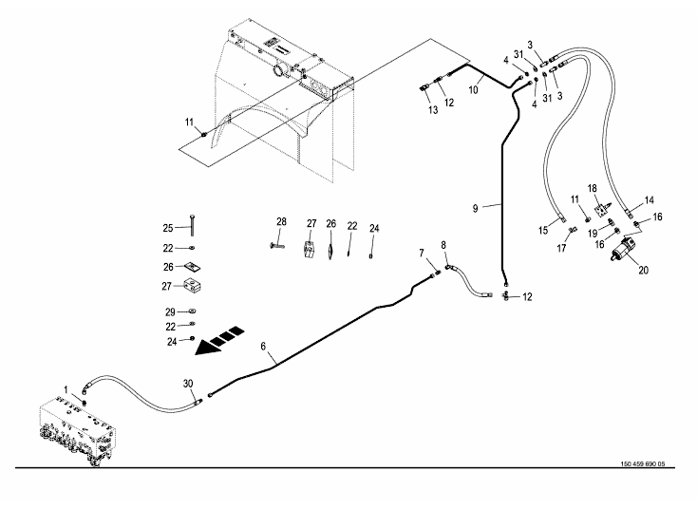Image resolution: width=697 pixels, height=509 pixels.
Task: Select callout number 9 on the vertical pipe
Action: click(x=482, y=205)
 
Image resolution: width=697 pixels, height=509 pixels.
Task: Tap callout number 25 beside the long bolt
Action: click(x=167, y=229)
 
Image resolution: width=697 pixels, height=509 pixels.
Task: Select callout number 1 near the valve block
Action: click(x=66, y=389)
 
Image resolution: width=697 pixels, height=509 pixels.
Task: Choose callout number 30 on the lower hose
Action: click(x=188, y=383)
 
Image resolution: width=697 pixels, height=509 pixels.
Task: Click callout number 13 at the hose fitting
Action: click(x=432, y=111)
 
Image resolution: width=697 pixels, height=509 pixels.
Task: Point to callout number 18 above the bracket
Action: click(x=591, y=189)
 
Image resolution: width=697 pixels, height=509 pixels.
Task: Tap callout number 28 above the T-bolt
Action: click(x=281, y=222)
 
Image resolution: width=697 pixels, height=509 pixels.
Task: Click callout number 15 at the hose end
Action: click(x=544, y=231)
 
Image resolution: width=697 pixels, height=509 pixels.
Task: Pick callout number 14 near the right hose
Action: click(x=650, y=200)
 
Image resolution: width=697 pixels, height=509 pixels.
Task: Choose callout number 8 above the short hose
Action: click(x=443, y=246)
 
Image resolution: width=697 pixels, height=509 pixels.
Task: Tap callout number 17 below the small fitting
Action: click(x=561, y=249)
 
